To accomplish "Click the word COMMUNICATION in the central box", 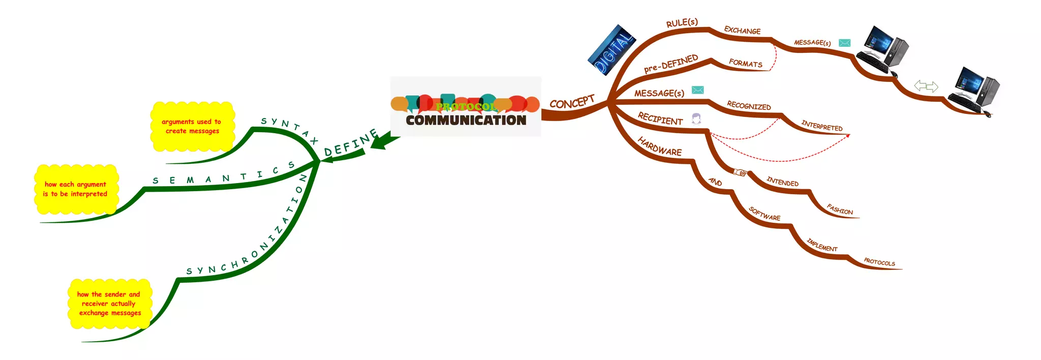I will tap(466, 120).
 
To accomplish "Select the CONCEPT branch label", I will tap(572, 102).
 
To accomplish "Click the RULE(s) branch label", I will tap(682, 23).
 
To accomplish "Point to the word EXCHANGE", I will tap(742, 31).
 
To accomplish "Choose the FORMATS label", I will tap(745, 63).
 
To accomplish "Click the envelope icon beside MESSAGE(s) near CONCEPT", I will tap(698, 90).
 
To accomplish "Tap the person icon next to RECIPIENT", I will tap(696, 119).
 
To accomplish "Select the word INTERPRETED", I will tap(821, 126).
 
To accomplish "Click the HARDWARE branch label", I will tap(659, 147).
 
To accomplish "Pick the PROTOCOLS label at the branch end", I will tap(879, 262).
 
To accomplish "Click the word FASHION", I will tap(840, 209).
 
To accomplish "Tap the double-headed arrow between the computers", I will tap(926, 86).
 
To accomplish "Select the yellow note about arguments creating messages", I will tap(192, 127).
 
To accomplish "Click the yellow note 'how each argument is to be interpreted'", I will tap(76, 189).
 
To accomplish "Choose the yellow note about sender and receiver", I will tap(109, 304).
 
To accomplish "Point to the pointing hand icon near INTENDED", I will tap(740, 172).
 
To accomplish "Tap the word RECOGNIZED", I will tap(749, 106).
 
